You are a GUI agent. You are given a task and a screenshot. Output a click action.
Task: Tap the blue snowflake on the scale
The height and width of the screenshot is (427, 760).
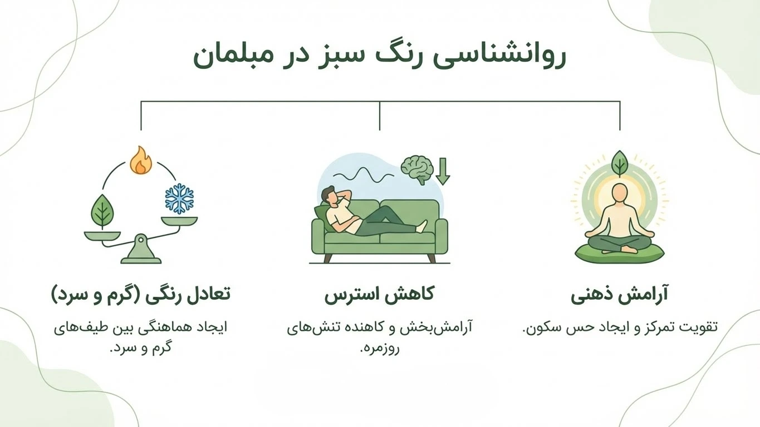179,199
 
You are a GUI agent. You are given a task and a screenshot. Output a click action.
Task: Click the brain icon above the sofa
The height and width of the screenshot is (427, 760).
417,168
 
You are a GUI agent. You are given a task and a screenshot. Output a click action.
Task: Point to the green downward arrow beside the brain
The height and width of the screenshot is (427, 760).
443,171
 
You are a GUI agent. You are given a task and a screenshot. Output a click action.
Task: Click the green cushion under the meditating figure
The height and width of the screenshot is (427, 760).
619,253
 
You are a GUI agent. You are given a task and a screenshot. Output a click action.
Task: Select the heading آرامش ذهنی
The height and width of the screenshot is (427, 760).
619,294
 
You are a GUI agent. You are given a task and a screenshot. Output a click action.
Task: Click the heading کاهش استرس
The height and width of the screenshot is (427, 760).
379,294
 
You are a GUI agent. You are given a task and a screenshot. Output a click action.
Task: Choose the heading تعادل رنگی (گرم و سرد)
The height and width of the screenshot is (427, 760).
140,294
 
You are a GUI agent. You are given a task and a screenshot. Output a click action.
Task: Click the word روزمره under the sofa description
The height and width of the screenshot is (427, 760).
380,349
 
